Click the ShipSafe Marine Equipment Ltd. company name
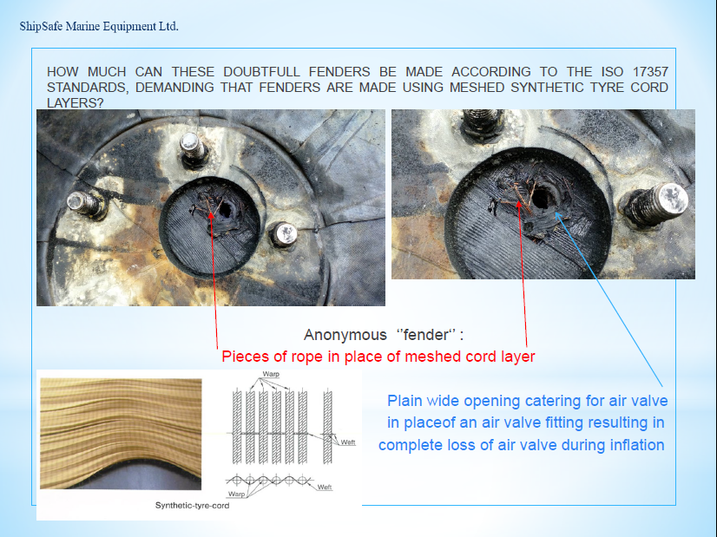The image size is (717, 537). [99, 27]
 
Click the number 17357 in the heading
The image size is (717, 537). [650, 72]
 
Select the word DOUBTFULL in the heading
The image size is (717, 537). [261, 72]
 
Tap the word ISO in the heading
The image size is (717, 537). [611, 72]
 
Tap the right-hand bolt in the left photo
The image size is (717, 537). [285, 235]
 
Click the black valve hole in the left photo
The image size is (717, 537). [226, 210]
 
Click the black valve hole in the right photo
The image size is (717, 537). [543, 199]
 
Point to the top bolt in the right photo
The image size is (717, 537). [482, 122]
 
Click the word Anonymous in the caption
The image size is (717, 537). [345, 335]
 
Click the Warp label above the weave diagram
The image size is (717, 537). [271, 374]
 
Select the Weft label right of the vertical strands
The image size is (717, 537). [348, 442]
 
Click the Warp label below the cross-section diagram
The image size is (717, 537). [236, 494]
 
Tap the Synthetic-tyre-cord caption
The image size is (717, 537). [192, 506]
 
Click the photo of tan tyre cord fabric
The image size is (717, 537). [121, 434]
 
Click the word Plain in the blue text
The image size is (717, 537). [405, 401]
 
